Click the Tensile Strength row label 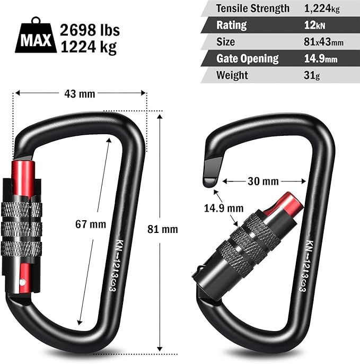253,8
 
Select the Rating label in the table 231,25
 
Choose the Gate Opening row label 248,58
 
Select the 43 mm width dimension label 80,94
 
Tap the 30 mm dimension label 264,181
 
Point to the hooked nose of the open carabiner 212,173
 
